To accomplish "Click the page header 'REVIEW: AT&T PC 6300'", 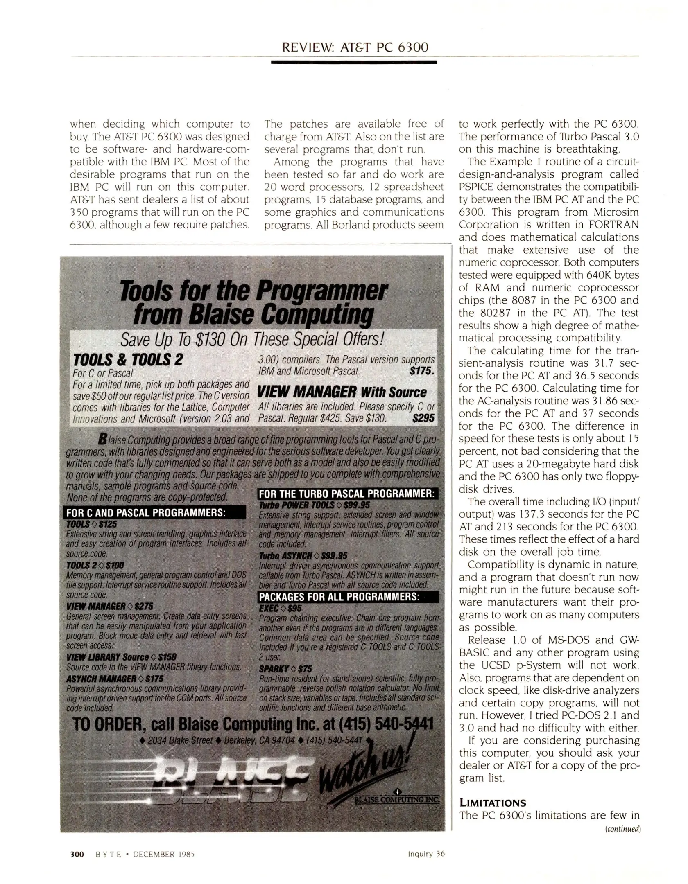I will (355, 47).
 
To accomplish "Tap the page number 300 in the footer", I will (77, 854).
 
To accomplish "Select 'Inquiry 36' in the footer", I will (426, 854).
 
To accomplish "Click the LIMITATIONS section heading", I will (492, 803).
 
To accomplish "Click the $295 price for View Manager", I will (423, 418).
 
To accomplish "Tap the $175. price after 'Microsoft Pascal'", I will (421, 371).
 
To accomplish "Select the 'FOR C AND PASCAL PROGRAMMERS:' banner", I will (146, 513).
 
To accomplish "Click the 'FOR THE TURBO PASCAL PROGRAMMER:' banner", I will (347, 494).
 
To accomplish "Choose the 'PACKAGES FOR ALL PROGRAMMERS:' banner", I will (339, 597).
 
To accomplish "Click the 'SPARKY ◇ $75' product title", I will (285, 669).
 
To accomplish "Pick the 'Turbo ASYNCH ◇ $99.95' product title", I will (303, 555).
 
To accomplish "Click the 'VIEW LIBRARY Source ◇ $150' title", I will (121, 657).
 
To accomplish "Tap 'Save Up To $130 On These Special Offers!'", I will (252, 339).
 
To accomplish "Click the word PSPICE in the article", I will (476, 187).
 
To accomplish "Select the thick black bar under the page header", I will (354, 62).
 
